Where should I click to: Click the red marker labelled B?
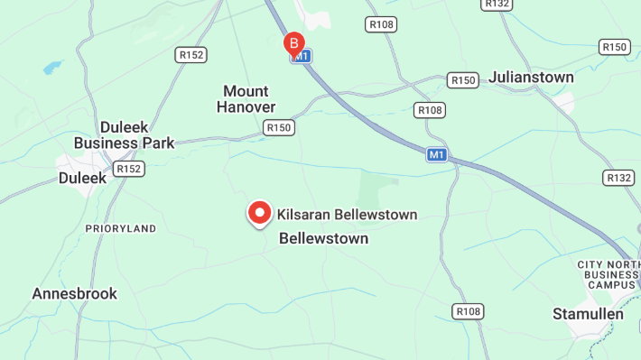[x=293, y=42]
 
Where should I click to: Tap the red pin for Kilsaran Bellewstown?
[x=260, y=213]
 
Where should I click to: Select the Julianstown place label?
[x=531, y=78]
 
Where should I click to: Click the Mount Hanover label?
[x=246, y=99]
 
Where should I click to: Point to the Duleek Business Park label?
[x=124, y=134]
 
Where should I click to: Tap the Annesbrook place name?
[x=75, y=293]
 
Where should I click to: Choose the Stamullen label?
[x=588, y=314]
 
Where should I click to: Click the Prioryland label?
[x=121, y=228]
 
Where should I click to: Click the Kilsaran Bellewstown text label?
[x=348, y=215]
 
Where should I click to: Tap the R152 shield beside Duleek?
[x=129, y=169]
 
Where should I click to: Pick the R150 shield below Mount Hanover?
[x=280, y=128]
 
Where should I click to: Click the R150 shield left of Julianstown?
[x=463, y=80]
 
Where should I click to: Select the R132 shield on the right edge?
[x=619, y=178]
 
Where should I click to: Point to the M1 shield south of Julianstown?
[x=437, y=155]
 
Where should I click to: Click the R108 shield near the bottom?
[x=469, y=311]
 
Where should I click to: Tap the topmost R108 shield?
[x=381, y=24]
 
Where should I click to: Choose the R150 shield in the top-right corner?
[x=615, y=47]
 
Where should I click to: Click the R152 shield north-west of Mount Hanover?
[x=191, y=55]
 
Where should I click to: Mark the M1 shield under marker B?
[x=301, y=57]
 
